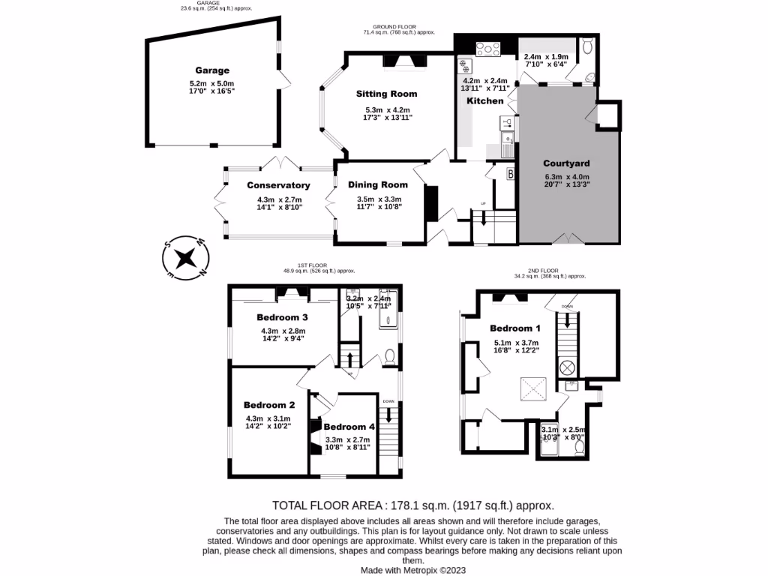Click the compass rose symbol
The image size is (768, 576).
click(184, 259)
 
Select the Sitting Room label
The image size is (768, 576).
click(387, 94)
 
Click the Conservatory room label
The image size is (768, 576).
click(278, 185)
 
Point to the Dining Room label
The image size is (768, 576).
click(378, 184)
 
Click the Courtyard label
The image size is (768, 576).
click(567, 163)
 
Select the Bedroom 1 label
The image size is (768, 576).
click(515, 328)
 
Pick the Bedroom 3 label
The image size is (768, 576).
click(282, 316)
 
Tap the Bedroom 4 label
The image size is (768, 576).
click(349, 427)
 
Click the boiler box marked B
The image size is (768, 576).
click(511, 174)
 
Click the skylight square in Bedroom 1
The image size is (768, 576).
click(533, 389)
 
